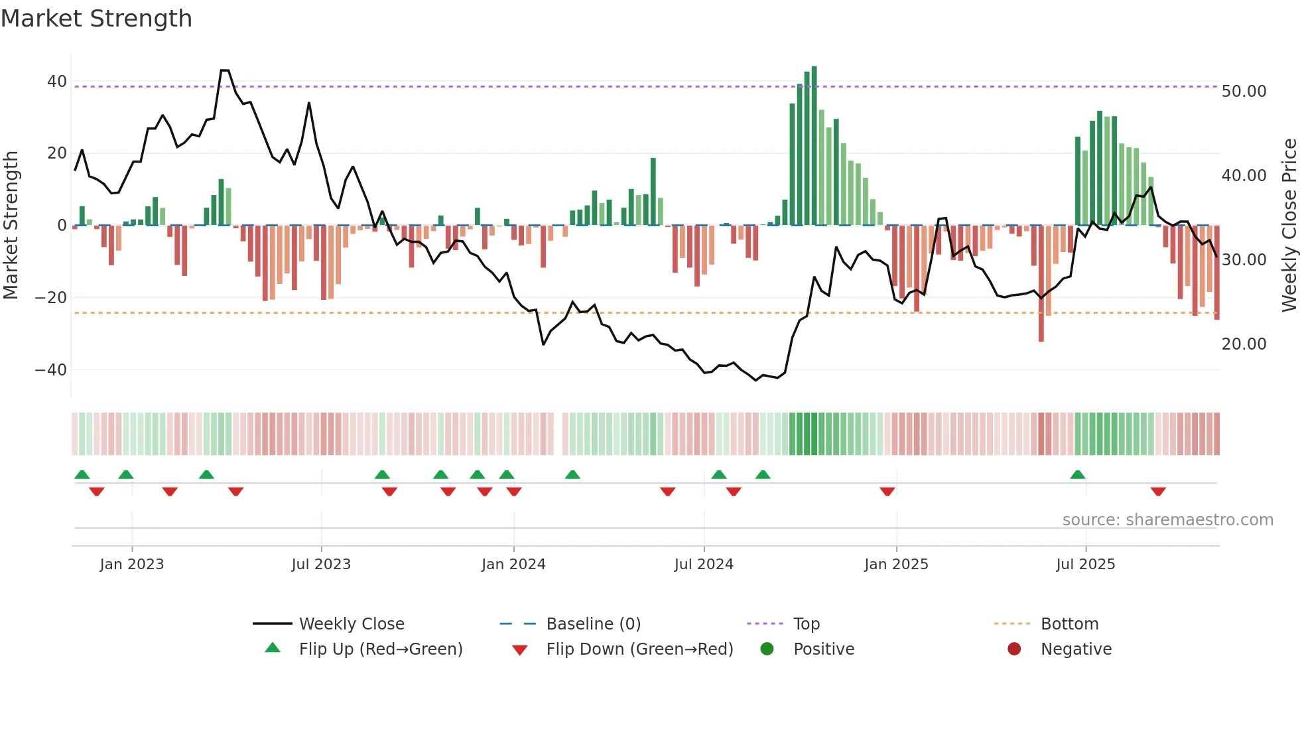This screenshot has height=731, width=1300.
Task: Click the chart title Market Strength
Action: click(x=96, y=19)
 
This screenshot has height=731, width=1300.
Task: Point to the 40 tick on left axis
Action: click(x=57, y=82)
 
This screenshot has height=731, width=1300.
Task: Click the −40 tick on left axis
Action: click(x=51, y=369)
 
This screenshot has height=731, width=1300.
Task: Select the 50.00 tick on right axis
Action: click(x=1244, y=92)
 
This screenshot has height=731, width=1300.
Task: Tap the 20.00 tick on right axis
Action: click(x=1244, y=344)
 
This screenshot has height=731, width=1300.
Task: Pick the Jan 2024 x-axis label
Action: click(x=513, y=565)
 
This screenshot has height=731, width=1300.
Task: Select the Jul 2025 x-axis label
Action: click(x=1085, y=565)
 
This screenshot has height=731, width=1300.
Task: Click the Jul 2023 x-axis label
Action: click(x=321, y=565)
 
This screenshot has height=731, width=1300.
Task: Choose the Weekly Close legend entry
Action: click(x=352, y=624)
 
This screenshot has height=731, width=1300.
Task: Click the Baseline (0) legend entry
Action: click(x=593, y=624)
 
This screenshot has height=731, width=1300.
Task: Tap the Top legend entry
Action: click(x=807, y=624)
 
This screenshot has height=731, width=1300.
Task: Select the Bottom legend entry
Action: click(x=1069, y=624)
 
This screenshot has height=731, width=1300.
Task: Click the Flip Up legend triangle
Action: click(x=273, y=648)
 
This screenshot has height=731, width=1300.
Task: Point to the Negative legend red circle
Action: click(x=1014, y=649)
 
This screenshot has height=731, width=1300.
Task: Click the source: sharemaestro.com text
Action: click(x=1167, y=520)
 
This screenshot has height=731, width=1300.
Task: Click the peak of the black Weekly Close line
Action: click(x=225, y=70)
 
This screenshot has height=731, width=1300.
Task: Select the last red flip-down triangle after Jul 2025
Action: click(x=1158, y=492)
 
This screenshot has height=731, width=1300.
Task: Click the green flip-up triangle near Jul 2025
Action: click(x=1078, y=474)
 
